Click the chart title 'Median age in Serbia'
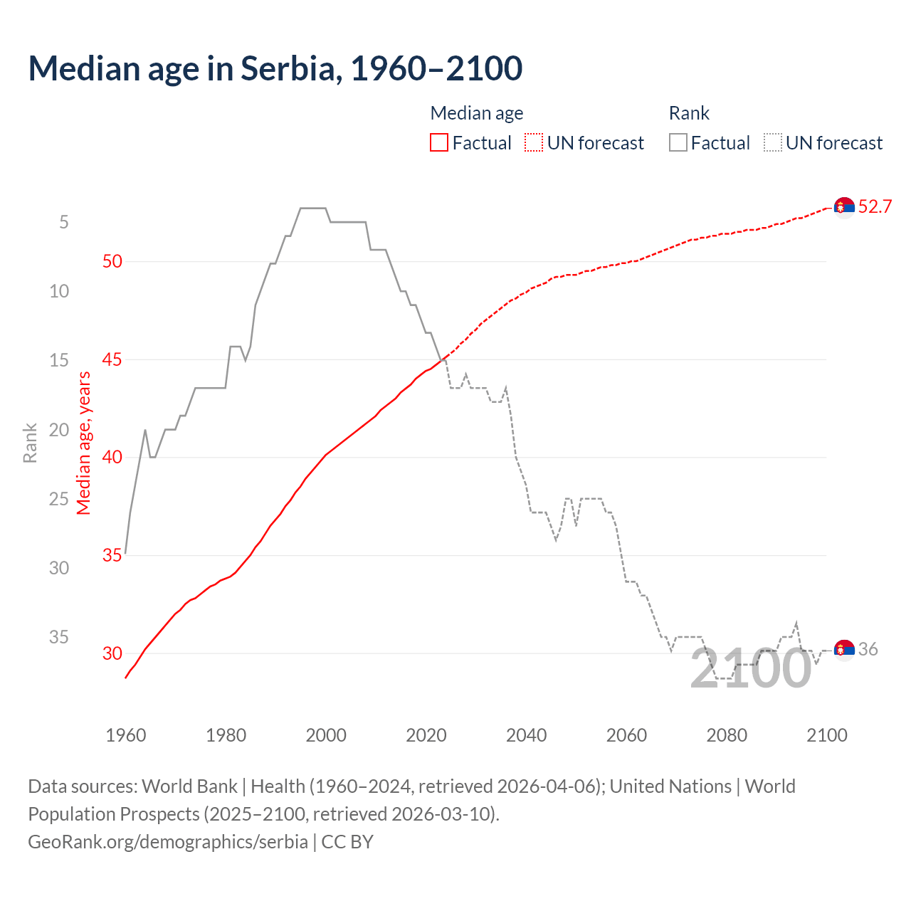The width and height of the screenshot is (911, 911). coord(275,68)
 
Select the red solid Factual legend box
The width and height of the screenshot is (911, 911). coord(439,143)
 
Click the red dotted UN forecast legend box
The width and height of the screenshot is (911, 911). coord(534,143)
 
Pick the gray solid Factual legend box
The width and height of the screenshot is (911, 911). coord(678,143)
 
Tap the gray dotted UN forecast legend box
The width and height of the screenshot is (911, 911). coord(773,143)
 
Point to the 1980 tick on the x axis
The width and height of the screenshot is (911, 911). coord(226,735)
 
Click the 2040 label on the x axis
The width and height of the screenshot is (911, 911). coord(526,735)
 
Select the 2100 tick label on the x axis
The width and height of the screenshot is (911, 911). coord(826,735)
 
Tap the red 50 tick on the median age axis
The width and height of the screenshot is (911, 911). coord(112,261)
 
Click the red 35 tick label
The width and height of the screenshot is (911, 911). coord(112,555)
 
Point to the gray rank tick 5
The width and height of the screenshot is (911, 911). coord(64,222)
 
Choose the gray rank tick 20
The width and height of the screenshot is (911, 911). coord(59,430)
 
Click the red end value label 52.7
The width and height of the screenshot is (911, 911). coord(875,206)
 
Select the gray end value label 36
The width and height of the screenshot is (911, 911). coord(868,649)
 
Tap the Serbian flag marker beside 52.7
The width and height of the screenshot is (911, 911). coord(844,207)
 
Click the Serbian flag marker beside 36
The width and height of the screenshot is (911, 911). coord(844,650)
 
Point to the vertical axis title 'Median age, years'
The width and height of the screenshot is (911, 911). coord(84,443)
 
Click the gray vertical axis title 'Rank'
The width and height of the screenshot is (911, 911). coord(30,443)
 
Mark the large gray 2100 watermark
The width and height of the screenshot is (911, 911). coord(750,669)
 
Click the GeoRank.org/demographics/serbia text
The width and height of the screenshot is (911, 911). coord(168,842)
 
